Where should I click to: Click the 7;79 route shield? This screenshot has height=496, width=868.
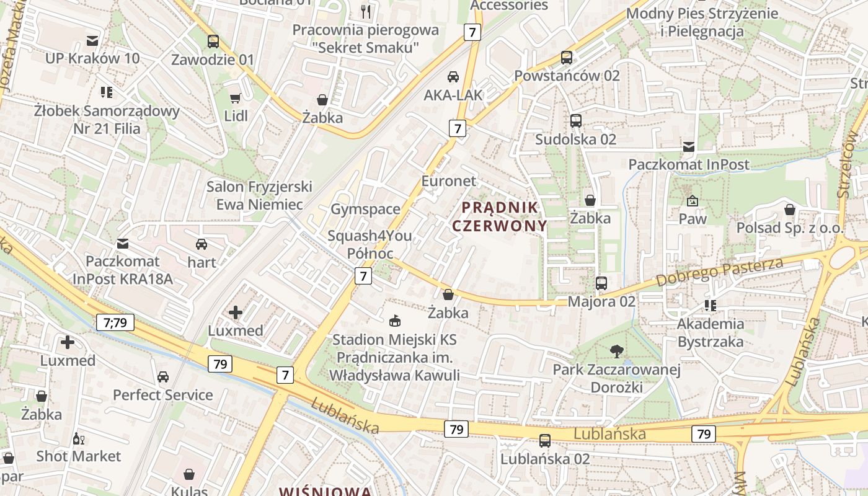115,322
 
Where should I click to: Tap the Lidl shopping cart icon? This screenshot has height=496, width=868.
235,98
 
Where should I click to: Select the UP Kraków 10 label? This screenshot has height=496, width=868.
92,58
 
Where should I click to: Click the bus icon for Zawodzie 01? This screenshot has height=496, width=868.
213,42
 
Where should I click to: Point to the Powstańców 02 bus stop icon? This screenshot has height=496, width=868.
566,58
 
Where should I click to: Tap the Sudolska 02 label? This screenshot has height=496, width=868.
575,139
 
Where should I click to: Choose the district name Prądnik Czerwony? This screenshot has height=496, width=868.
500,216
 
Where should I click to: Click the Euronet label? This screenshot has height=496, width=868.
449,181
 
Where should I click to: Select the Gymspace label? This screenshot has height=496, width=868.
365,209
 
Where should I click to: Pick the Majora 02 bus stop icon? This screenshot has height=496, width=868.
601,283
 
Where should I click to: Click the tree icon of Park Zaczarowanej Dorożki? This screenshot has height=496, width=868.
616,352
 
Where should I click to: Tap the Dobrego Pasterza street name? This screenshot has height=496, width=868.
719,272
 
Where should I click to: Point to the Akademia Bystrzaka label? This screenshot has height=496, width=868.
711,332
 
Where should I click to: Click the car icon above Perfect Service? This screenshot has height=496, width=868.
163,376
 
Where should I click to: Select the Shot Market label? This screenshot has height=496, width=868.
79,456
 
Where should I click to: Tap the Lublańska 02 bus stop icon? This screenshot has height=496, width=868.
545,441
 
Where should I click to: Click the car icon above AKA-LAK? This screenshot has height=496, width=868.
453,77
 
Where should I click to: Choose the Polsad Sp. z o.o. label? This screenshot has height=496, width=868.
790,228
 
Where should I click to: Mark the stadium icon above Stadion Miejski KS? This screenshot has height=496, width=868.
394,321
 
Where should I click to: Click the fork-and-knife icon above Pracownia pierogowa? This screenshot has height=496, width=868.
366,11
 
